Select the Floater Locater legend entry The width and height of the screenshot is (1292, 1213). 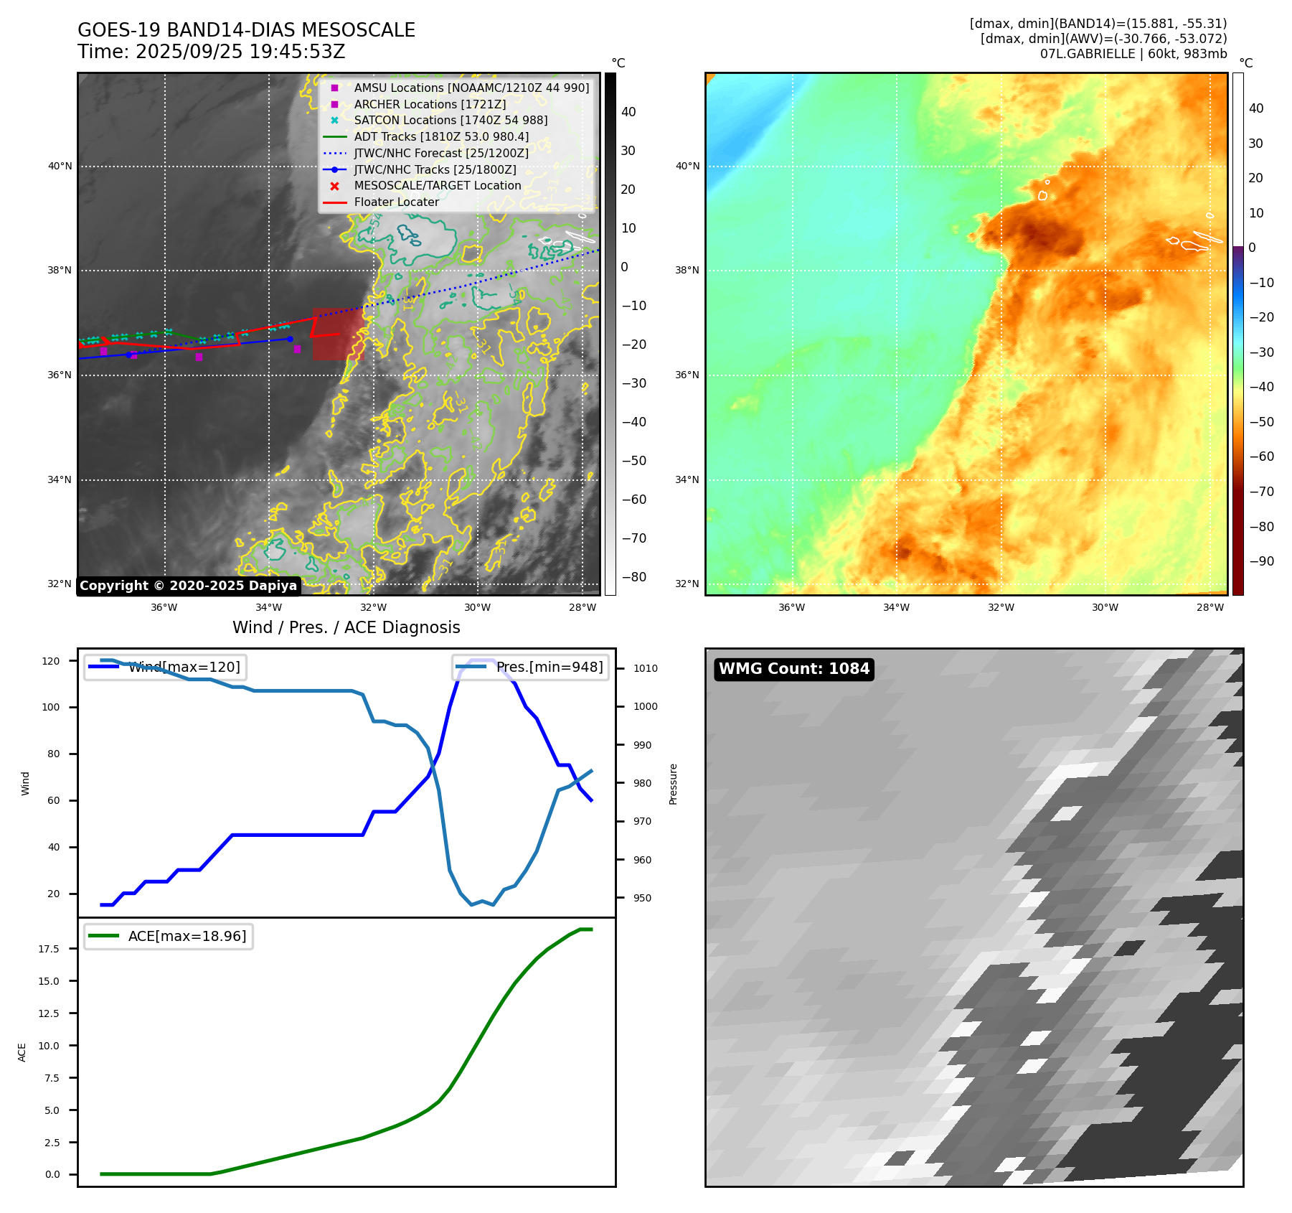coord(396,202)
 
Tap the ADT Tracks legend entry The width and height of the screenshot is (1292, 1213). coord(441,136)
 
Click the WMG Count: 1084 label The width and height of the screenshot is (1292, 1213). coord(793,669)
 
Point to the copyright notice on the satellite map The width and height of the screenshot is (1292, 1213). coord(188,586)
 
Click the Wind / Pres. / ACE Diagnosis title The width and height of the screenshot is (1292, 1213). coord(346,627)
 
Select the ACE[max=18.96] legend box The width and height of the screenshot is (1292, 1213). coord(169,936)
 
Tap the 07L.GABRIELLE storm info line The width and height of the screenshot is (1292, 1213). coord(1133,54)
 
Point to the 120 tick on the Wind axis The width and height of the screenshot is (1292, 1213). coord(51,661)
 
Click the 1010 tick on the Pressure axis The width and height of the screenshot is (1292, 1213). coord(645,668)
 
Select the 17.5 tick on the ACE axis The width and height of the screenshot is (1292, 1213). coord(49,949)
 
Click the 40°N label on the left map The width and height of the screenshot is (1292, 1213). coord(60,167)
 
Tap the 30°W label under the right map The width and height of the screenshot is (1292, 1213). coord(1105,608)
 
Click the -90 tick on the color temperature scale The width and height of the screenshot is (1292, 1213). coord(1261,561)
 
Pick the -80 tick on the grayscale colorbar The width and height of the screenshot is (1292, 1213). coord(633,577)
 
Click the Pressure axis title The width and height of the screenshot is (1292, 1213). coord(673,784)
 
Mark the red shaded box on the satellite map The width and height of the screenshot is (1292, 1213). coord(338,334)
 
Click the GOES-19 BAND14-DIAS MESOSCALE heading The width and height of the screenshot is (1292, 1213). coord(246,30)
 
